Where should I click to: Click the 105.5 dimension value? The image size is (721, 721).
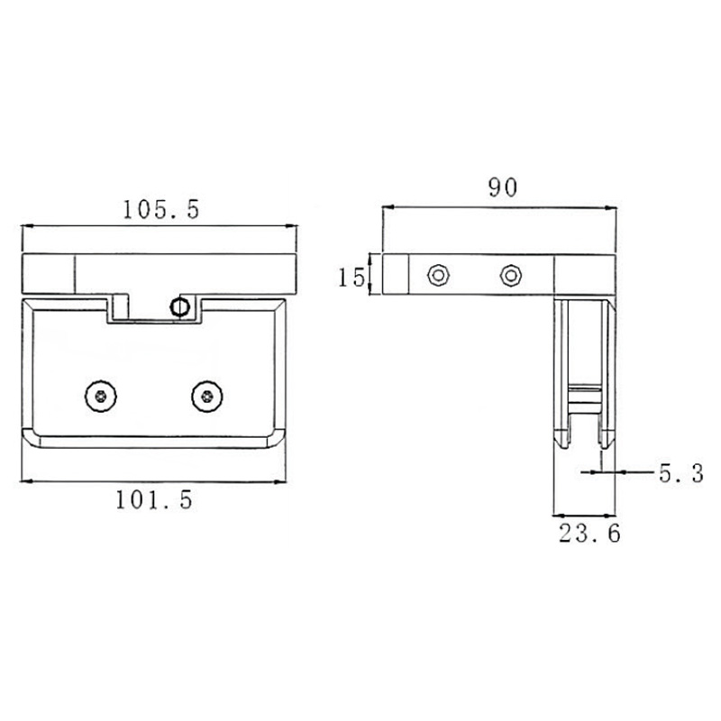click(x=160, y=209)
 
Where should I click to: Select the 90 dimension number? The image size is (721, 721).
click(x=502, y=187)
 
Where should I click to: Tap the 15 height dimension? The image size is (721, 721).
click(x=351, y=276)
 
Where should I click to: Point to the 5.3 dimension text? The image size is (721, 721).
click(x=680, y=473)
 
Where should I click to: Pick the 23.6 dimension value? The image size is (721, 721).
click(x=589, y=534)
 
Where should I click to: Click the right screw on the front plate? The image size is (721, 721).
click(x=208, y=394)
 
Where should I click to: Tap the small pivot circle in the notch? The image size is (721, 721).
click(x=180, y=306)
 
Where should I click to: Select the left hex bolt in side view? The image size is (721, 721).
click(x=439, y=274)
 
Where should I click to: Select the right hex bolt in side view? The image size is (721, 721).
click(x=511, y=274)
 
